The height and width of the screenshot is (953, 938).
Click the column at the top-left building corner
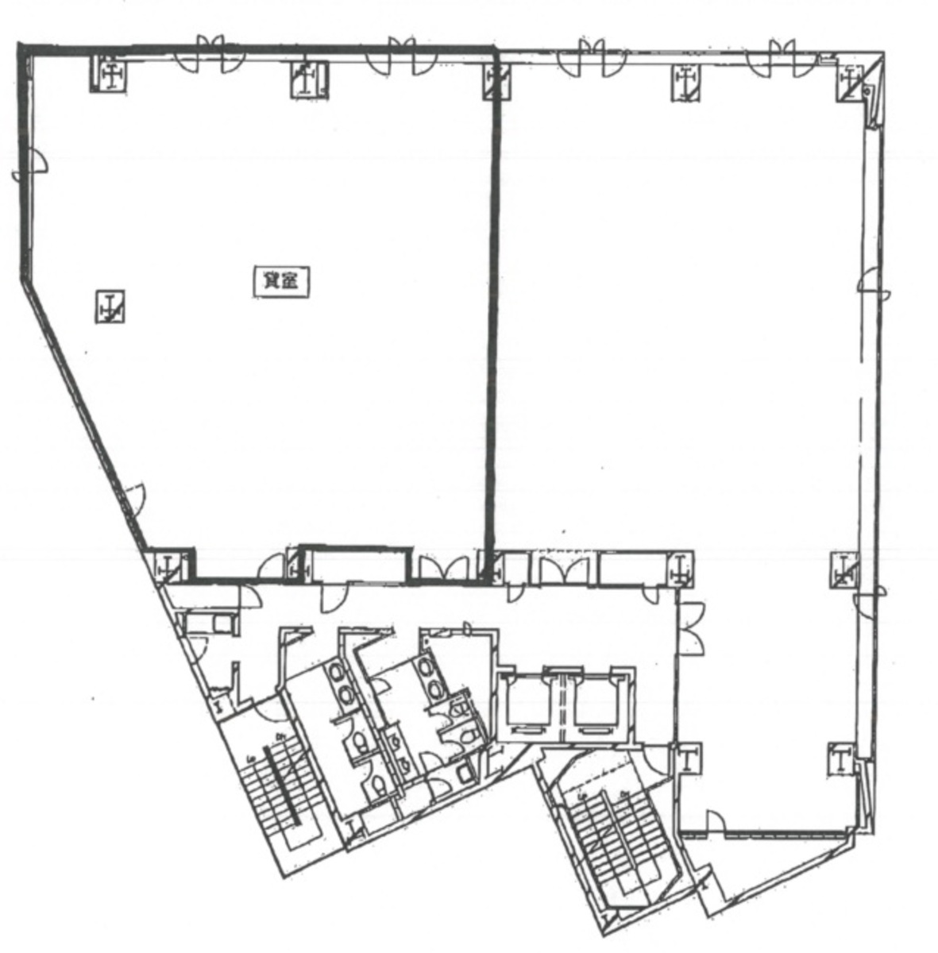(x=110, y=75)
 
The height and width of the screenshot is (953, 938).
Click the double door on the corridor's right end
(x=693, y=627)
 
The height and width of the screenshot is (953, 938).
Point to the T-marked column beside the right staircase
(x=687, y=759)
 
